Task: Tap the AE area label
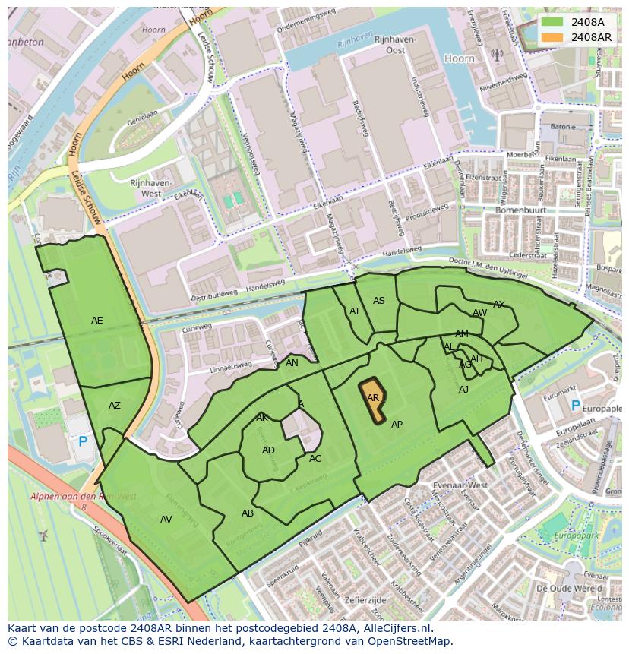(x=97, y=321)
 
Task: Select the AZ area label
(x=115, y=406)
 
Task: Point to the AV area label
(x=166, y=520)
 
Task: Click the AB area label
(x=248, y=513)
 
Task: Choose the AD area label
(x=268, y=450)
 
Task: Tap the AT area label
(x=355, y=311)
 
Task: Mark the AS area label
(x=379, y=301)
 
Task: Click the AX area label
(x=499, y=305)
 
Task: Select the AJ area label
(x=464, y=390)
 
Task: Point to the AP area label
(x=397, y=425)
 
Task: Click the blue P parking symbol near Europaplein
(x=575, y=406)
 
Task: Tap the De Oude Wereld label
(x=569, y=589)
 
